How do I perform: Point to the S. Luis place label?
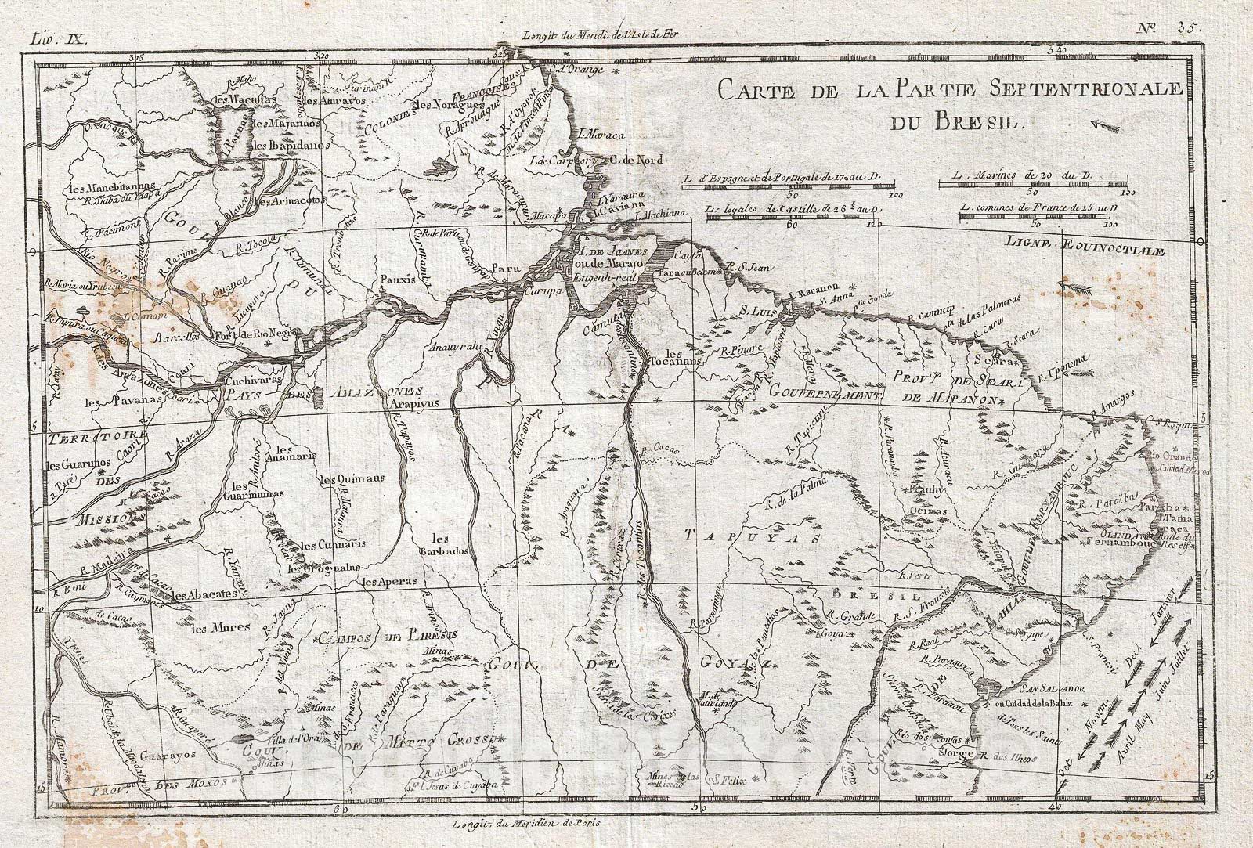pos(756,310)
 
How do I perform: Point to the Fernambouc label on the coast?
pos(1116,542)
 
